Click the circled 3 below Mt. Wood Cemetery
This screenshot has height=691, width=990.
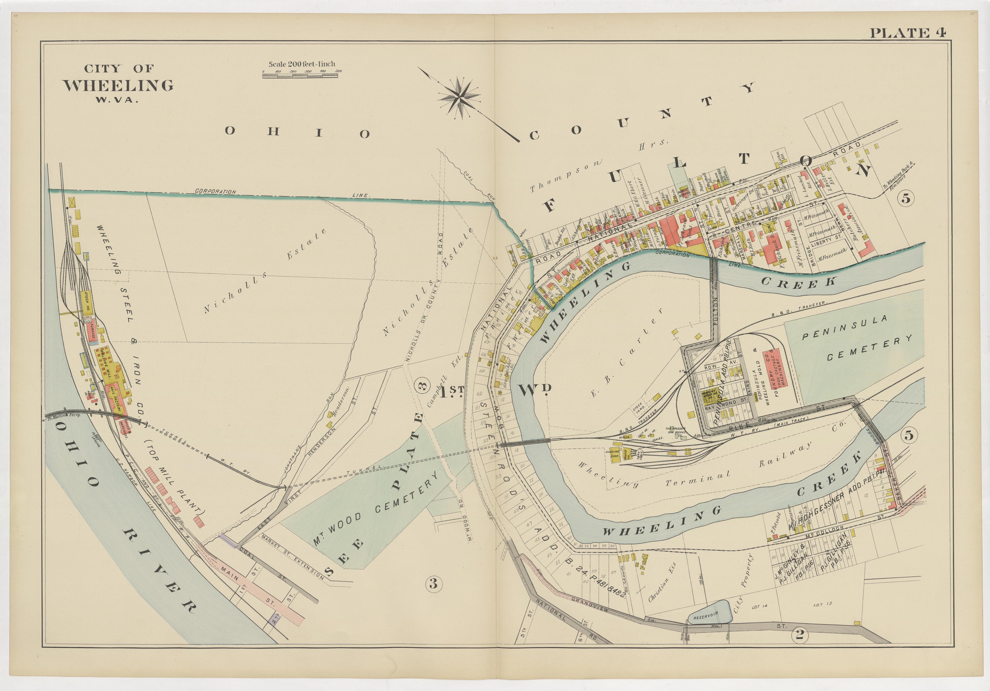(x=433, y=584)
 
